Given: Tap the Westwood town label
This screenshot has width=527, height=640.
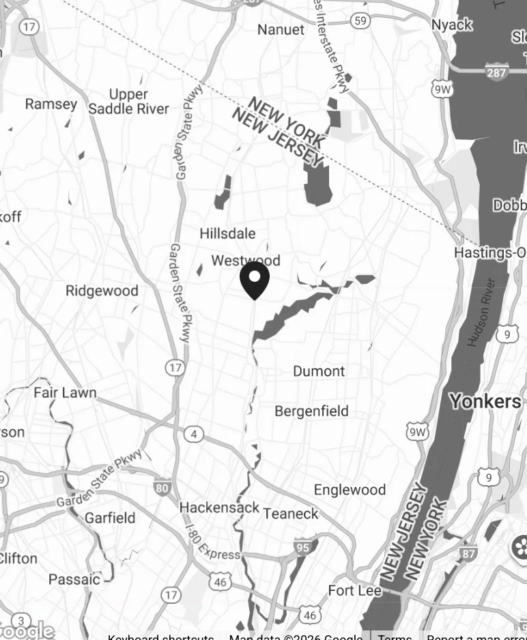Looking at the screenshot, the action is click(x=246, y=261).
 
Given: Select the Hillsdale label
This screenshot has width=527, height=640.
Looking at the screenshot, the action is click(x=227, y=233).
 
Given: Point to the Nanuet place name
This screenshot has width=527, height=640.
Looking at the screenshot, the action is click(x=281, y=29).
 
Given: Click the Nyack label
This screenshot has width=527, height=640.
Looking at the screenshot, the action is click(x=452, y=25).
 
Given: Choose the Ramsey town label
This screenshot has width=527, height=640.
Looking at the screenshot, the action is click(x=51, y=104).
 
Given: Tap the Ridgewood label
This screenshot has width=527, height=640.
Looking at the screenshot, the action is click(x=102, y=291).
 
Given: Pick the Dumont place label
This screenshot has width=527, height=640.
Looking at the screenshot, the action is click(x=319, y=371).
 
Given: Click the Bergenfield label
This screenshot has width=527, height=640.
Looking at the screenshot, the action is click(x=311, y=411).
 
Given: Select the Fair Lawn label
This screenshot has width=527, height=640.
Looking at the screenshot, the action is click(x=65, y=392).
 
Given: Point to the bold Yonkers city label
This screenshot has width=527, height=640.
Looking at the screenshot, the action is click(x=485, y=401).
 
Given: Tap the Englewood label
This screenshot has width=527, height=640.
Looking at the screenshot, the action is click(x=350, y=490).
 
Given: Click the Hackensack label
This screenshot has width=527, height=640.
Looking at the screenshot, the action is click(x=219, y=508).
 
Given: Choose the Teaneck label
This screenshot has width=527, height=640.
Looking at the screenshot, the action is click(x=291, y=513).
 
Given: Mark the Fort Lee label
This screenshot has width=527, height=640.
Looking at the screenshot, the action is click(x=354, y=590).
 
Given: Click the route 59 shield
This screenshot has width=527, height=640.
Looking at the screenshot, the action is click(x=361, y=21).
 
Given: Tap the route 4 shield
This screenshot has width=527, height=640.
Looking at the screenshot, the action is click(x=195, y=434).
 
